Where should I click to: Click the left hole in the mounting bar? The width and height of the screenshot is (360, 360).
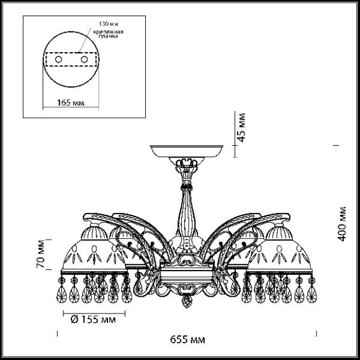60,60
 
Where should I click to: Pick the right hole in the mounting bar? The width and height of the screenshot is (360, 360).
84,60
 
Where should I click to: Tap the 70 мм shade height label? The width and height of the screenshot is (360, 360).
41,254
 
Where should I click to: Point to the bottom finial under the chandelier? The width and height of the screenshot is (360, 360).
185,304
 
